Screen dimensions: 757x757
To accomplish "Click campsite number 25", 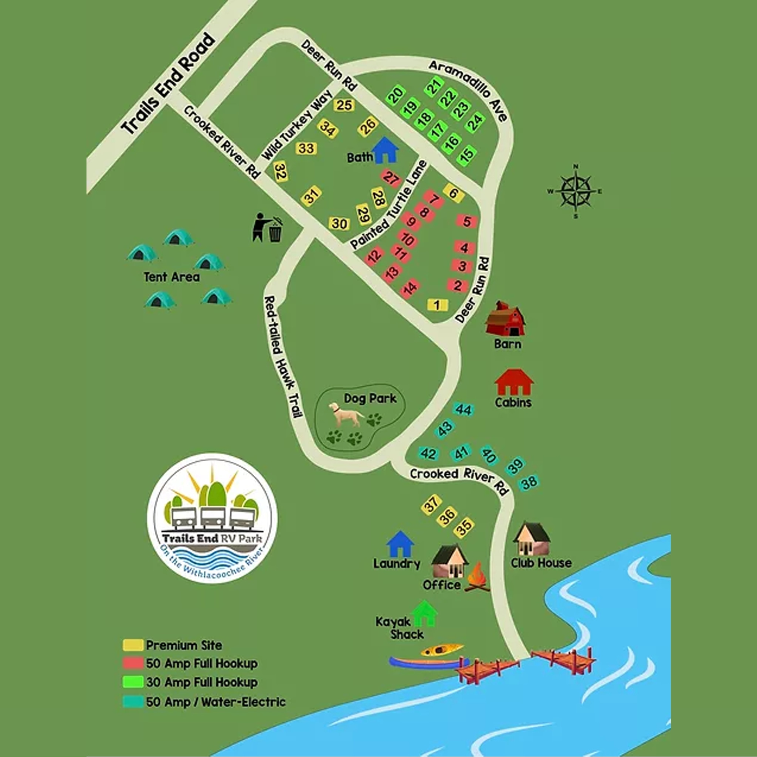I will (344, 105).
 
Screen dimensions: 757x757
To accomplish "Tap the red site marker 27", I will (391, 178).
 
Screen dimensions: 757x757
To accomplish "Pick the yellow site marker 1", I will (437, 305).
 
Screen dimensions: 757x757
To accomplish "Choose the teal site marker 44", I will (463, 410).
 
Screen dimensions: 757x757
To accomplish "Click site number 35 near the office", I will (464, 527).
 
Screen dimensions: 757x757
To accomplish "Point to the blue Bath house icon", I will (385, 150).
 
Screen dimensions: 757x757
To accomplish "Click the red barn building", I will (505, 319).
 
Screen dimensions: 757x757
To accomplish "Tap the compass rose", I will (575, 191).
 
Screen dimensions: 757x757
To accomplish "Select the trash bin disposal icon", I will (268, 228).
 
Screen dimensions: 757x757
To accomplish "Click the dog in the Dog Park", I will (345, 415).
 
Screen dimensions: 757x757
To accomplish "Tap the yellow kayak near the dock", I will (442, 650).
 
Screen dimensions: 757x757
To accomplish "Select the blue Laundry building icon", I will (400, 544).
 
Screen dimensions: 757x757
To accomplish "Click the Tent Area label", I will (172, 277).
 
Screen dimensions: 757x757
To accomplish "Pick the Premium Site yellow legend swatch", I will (133, 645).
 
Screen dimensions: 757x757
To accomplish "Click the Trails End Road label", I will (168, 84).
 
